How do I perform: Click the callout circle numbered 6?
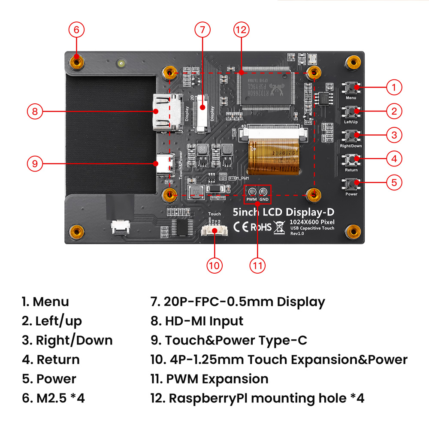point(76,30)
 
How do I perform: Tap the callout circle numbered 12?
point(242,30)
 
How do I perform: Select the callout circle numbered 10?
point(214,265)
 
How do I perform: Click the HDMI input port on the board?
point(165,112)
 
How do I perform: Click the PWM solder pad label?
point(251,199)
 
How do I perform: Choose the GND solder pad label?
point(264,199)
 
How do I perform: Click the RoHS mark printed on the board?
point(261,227)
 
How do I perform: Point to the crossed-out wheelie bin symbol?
point(280,227)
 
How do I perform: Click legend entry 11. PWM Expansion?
point(209,379)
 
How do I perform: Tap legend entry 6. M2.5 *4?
point(53,398)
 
